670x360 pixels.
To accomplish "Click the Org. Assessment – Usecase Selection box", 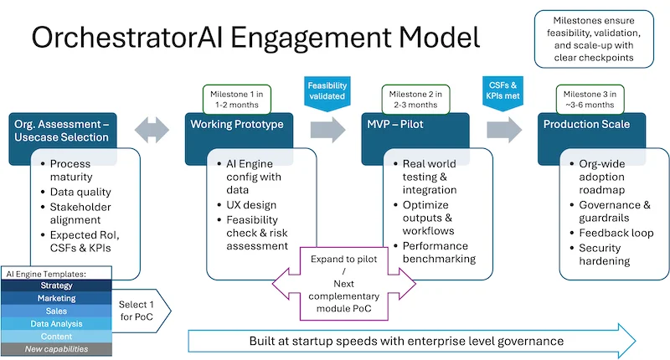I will coord(60,130).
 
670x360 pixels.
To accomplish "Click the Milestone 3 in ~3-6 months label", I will coord(597,97).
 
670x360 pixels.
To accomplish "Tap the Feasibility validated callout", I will coord(327,91).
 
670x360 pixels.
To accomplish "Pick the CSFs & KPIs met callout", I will coord(502,91).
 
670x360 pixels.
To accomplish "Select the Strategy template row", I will coord(56,285).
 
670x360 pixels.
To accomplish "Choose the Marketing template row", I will coord(56,298).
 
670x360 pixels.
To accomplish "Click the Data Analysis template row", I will coord(56,323).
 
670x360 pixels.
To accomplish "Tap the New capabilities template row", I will coord(56,348).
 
